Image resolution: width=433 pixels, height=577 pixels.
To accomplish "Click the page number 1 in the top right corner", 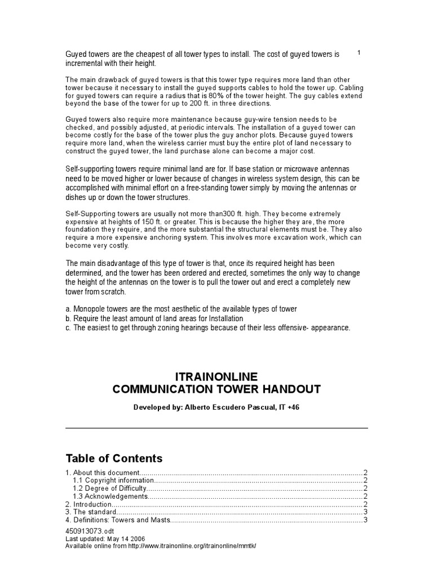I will click(359, 52).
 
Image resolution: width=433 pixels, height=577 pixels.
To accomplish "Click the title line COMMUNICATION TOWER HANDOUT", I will click(216, 389).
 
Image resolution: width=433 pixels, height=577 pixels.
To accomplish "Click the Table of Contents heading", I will click(114, 458).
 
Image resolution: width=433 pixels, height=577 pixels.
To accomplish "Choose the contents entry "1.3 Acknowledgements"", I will click(111, 496).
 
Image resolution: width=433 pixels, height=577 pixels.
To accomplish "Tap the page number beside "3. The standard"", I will click(365, 512).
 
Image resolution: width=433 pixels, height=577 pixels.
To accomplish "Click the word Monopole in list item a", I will click(91, 309).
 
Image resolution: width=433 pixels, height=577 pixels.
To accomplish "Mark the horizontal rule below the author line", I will click(216, 428).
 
